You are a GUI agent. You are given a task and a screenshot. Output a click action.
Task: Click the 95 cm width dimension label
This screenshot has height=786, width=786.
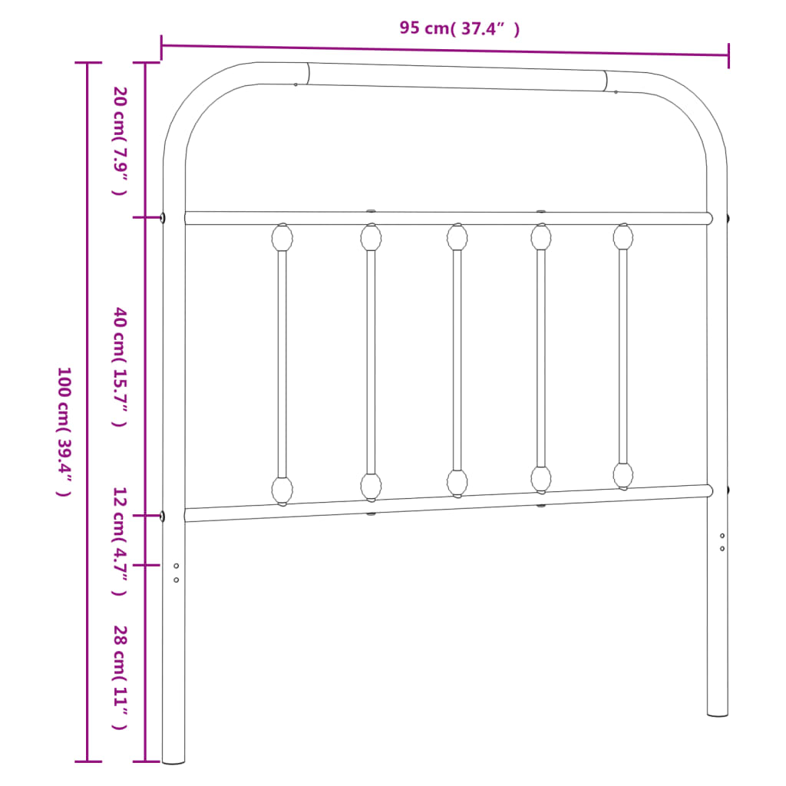coord(459,28)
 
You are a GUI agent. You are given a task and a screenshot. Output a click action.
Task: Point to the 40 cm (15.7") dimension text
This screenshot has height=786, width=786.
coord(119,366)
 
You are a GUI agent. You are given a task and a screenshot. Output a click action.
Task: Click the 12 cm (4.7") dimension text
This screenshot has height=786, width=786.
coord(119,540)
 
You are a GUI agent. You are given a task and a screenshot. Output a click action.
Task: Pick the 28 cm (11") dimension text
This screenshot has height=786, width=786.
coord(119,677)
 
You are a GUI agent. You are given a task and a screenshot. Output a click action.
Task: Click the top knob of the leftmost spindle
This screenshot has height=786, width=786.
coord(282,237)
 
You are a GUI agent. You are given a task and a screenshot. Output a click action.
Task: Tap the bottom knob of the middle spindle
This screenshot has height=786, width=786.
coord(457,483)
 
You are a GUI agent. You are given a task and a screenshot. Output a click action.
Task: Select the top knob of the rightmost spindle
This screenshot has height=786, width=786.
coord(623,236)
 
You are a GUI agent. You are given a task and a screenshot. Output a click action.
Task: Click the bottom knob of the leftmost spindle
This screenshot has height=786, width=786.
coord(282,490)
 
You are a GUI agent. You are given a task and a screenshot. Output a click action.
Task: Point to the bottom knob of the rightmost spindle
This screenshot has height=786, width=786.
coord(623,475)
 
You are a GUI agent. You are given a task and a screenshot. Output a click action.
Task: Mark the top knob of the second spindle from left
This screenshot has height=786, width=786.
coord(372,237)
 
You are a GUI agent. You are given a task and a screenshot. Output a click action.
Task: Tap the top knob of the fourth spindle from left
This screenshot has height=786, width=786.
coord(541,236)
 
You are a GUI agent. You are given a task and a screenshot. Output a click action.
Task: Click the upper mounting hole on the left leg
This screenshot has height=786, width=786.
coord(177,566)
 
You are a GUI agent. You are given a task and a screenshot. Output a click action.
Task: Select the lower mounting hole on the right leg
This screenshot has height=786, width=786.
coord(722,548)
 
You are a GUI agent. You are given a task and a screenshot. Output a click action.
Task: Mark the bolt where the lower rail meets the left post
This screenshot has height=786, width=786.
coord(163,516)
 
